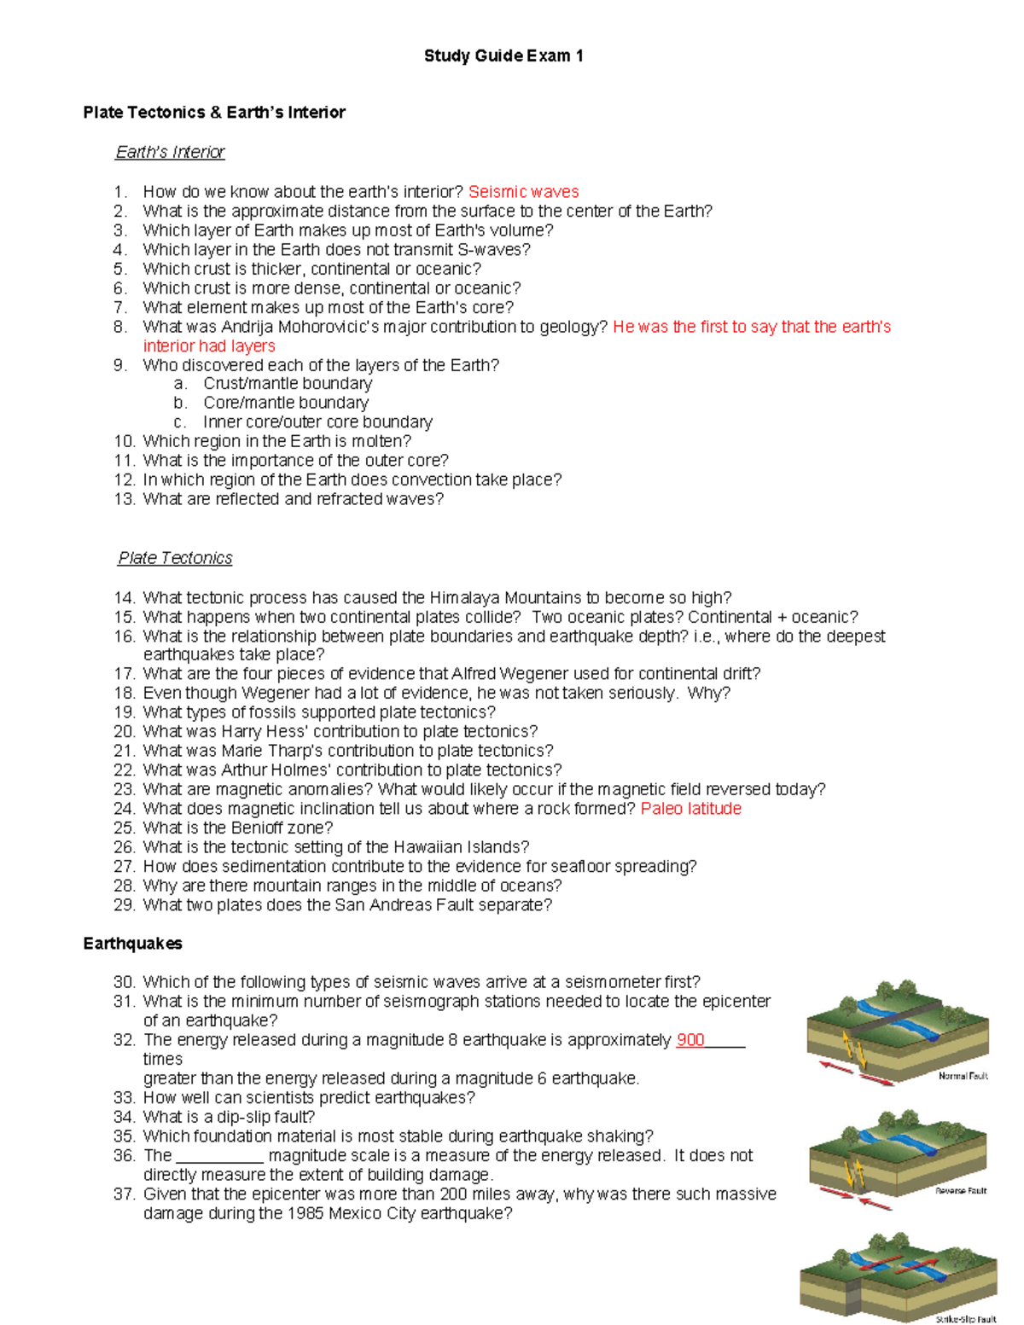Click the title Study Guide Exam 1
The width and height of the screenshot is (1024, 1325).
pos(503,56)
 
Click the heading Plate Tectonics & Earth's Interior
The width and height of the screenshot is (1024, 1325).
pos(214,113)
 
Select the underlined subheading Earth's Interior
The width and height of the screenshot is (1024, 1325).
pos(170,152)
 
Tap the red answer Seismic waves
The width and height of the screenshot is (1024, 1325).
pos(523,192)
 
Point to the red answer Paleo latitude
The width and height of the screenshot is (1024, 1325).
pos(690,809)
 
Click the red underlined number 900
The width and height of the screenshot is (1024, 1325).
pos(689,1040)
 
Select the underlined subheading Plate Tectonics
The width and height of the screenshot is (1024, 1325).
pos(175,558)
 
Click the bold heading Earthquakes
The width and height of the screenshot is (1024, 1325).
pos(132,944)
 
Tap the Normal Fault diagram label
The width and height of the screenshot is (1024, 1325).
pos(963,1077)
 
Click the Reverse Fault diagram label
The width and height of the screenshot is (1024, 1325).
pos(960,1191)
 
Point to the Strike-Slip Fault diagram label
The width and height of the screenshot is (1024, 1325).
pos(965,1319)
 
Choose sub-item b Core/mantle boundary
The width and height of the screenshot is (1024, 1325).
pos(286,403)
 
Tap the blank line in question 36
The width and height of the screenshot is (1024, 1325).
pos(219,1157)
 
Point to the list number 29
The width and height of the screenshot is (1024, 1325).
pos(124,905)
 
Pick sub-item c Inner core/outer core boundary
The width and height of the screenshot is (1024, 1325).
pos(317,422)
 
